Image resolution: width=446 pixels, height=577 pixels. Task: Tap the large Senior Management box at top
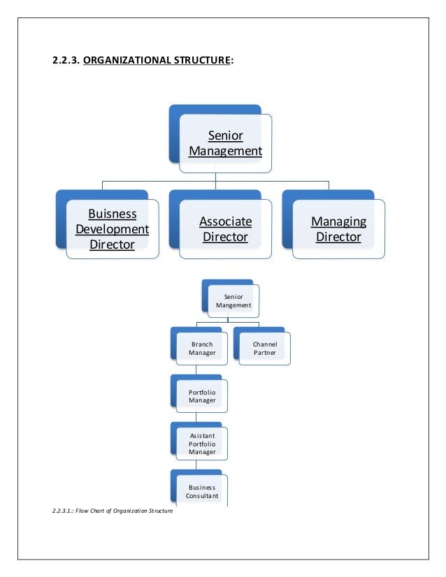225,143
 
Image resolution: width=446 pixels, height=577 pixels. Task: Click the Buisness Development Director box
112,229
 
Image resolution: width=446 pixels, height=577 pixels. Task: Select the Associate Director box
225,229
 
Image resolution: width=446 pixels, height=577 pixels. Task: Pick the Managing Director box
338,229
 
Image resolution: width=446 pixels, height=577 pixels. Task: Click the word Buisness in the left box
112,214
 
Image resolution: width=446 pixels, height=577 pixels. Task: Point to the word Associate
225,221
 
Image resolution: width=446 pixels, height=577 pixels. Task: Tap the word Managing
338,221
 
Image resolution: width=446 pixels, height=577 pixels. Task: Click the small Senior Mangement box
233,301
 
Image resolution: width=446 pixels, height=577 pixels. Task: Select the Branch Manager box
202,349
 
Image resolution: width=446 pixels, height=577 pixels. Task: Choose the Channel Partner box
264,349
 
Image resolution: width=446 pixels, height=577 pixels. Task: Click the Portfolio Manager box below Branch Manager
202,397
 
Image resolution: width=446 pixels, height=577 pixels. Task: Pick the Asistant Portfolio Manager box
202,444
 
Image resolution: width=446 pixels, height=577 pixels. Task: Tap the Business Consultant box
202,491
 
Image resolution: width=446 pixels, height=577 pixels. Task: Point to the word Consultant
202,496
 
